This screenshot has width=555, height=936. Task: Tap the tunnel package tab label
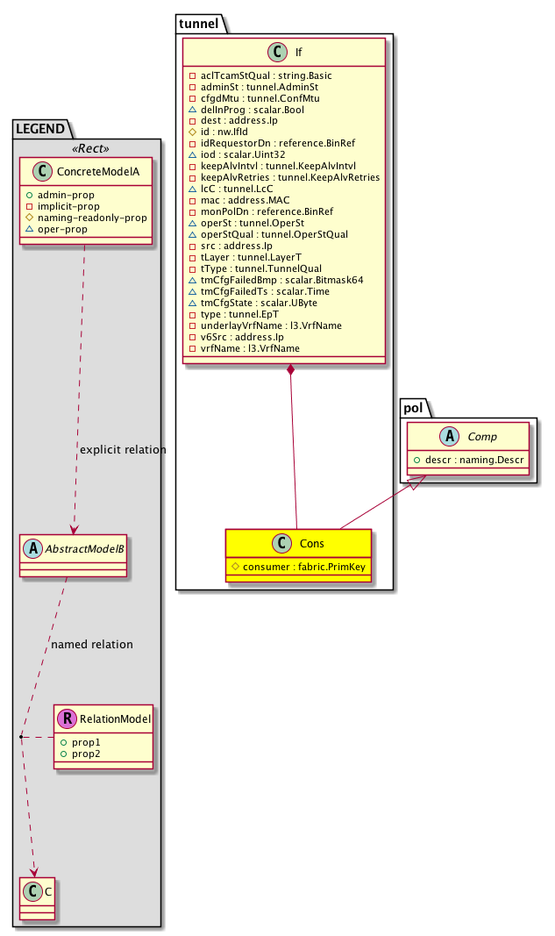pyautogui.click(x=199, y=23)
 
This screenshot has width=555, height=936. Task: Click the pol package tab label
pyautogui.click(x=413, y=409)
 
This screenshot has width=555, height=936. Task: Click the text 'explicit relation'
pyautogui.click(x=122, y=450)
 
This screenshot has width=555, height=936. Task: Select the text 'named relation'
pyautogui.click(x=92, y=645)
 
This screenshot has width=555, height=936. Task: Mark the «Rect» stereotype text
pyautogui.click(x=87, y=146)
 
